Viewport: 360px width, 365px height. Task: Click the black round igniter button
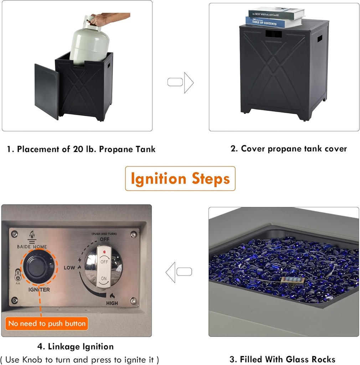point(38,267)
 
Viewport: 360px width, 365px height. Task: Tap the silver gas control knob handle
point(104,267)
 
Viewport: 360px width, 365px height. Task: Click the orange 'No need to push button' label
point(47,324)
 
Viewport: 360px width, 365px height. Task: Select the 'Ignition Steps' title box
point(180,179)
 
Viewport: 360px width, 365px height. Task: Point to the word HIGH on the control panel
point(112,303)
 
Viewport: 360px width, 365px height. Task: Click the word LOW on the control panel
point(70,268)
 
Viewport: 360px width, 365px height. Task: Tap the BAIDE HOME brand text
point(32,247)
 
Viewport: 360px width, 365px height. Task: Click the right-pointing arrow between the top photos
point(181,82)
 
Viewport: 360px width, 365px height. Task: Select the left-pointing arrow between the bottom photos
point(179,272)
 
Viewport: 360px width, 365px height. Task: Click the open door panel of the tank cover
point(47,91)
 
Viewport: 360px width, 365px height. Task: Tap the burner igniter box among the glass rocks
point(293,280)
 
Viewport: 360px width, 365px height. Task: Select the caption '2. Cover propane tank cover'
point(289,149)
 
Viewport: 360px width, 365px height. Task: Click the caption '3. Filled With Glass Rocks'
point(282,359)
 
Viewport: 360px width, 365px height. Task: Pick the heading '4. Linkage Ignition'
point(76,346)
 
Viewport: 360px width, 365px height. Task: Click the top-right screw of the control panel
point(133,235)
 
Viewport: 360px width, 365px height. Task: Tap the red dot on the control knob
point(104,252)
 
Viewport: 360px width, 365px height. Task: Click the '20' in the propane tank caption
point(78,149)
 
